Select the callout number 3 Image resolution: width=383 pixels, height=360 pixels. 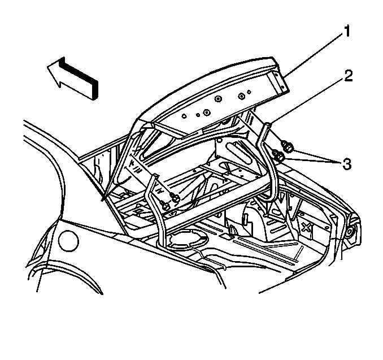[x=347, y=164]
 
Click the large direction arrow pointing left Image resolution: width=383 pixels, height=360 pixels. [x=72, y=79]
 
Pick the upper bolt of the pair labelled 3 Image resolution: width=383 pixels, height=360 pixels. [x=287, y=146]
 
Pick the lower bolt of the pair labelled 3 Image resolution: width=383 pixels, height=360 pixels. [x=278, y=155]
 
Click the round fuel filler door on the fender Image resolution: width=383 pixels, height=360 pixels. [x=69, y=241]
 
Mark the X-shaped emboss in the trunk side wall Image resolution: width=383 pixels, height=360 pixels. [x=306, y=227]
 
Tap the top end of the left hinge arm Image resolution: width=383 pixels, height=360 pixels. [x=154, y=175]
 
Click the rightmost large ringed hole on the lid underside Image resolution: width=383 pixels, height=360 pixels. [x=241, y=96]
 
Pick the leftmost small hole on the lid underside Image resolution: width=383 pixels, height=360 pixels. [x=185, y=116]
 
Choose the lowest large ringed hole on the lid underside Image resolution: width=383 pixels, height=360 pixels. [x=207, y=112]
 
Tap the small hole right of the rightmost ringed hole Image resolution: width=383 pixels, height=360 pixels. [x=249, y=92]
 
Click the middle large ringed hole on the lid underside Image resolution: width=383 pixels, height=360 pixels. [x=217, y=99]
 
